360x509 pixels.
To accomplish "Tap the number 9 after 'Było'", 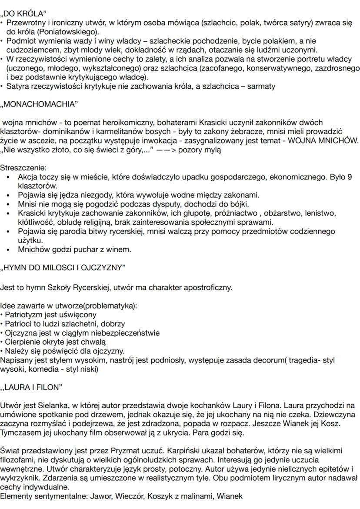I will point(350,177).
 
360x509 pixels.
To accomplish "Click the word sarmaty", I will point(261,86).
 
